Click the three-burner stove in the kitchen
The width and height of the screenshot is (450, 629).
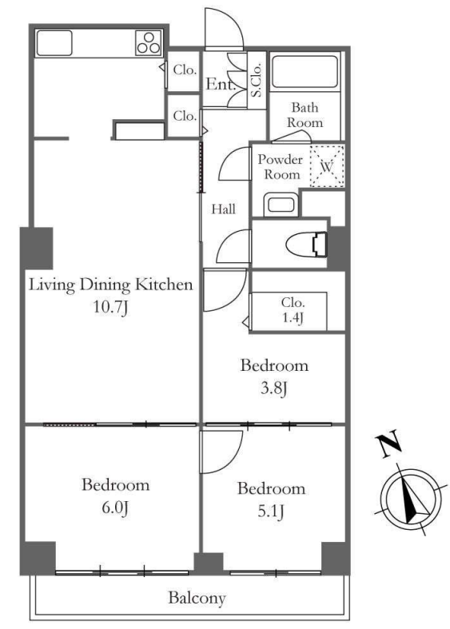click(149, 43)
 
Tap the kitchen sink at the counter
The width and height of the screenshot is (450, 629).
click(54, 43)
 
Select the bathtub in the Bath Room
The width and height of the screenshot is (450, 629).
click(305, 72)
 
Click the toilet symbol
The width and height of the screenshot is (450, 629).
click(307, 244)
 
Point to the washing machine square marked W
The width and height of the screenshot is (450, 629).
click(327, 165)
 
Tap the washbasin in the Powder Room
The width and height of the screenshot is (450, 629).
click(281, 204)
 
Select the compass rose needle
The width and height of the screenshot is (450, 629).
click(412, 500)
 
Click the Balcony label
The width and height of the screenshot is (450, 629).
click(197, 598)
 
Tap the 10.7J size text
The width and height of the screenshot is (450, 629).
click(110, 308)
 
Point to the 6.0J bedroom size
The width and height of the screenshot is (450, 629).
click(115, 508)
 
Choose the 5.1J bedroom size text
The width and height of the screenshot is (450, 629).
click(271, 512)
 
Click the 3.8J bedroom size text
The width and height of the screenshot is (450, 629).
click(274, 388)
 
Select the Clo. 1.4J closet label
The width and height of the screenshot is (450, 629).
click(293, 309)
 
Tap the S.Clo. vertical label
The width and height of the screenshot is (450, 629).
click(257, 80)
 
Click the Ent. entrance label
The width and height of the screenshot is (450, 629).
click(220, 84)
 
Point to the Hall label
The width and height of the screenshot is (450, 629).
click(223, 209)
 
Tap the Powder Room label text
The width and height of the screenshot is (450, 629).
click(280, 167)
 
